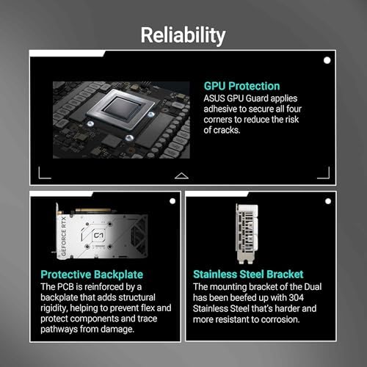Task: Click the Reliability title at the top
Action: [x=183, y=34]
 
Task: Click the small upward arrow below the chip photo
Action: [x=182, y=175]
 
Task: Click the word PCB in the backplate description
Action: [x=71, y=286]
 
